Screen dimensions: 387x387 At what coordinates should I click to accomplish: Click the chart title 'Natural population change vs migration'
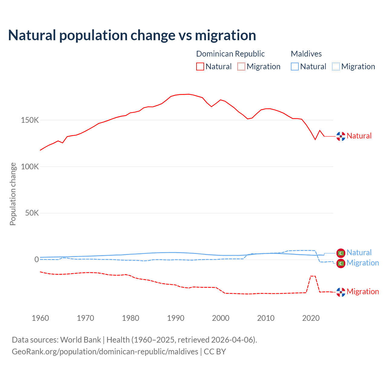[x=132, y=35]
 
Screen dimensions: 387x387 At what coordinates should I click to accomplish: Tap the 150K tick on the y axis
[x=30, y=120]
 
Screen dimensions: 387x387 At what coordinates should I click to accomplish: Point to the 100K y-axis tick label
[x=30, y=167]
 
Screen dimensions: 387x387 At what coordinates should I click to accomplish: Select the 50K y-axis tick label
[x=32, y=213]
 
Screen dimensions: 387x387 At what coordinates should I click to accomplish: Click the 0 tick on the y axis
[x=37, y=259]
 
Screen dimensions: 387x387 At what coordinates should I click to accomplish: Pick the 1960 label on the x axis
[x=40, y=318]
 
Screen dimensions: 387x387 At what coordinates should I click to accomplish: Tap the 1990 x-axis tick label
[x=176, y=318]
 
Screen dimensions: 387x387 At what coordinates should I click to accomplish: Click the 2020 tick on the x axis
[x=311, y=318]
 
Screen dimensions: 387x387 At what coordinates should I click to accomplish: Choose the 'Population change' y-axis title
[x=13, y=194]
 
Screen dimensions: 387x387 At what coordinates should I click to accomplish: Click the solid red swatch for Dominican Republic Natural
[x=200, y=67]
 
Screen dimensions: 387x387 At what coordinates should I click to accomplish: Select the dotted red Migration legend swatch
[x=241, y=67]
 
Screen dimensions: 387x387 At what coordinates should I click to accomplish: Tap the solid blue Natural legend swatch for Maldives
[x=295, y=67]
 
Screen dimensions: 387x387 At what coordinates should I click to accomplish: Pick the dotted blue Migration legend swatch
[x=336, y=67]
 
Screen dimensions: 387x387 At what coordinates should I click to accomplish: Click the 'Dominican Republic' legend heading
[x=230, y=54]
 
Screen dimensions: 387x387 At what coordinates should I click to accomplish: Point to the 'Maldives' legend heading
[x=306, y=54]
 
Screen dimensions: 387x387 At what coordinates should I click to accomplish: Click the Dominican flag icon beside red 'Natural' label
[x=341, y=136]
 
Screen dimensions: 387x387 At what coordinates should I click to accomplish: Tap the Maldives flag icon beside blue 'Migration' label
[x=341, y=263]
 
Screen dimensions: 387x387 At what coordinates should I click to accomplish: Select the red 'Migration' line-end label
[x=363, y=292]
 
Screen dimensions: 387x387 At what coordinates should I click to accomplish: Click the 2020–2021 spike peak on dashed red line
[x=313, y=276]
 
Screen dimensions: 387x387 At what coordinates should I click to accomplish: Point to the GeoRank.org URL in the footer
[x=105, y=352]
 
